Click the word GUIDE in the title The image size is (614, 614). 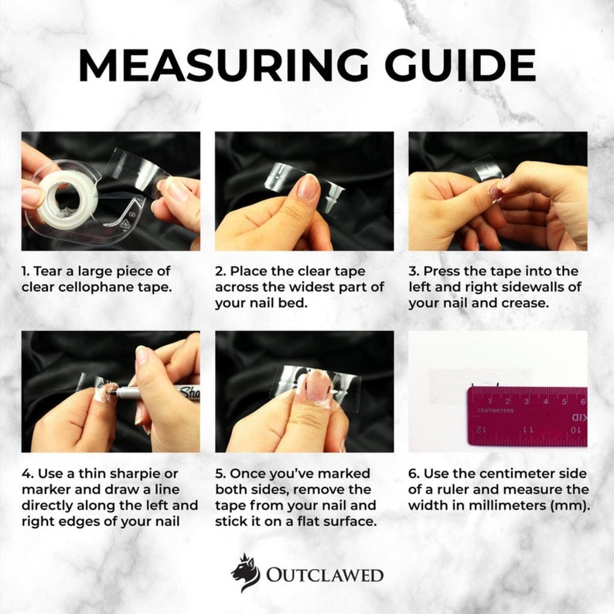coord(459,65)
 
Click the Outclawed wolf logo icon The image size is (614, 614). coord(245,572)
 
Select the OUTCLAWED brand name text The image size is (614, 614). coord(325,575)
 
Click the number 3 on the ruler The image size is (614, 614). coord(527,401)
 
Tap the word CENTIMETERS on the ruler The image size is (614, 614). coord(495,411)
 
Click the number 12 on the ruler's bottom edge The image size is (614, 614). coord(481,430)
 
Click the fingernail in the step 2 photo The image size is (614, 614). coord(308,187)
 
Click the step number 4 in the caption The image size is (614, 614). coord(26,474)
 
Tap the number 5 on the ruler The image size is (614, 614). coord(565,401)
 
